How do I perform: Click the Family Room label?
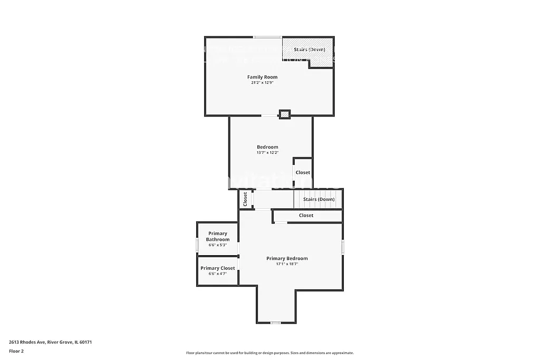click(x=262, y=77)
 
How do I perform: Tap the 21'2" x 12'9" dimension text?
click(x=262, y=83)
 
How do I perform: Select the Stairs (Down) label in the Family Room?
click(x=310, y=50)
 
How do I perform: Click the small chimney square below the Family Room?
click(x=285, y=114)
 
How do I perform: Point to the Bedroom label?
click(x=267, y=147)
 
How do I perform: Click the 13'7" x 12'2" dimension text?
click(x=267, y=153)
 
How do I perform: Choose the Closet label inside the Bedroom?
click(x=303, y=172)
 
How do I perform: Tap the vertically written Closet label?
click(x=245, y=199)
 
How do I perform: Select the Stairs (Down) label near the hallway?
click(x=319, y=199)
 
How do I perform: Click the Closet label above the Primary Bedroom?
click(x=306, y=216)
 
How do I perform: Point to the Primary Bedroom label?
click(x=287, y=258)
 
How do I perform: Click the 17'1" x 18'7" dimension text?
click(x=287, y=264)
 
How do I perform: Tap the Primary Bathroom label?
click(x=218, y=236)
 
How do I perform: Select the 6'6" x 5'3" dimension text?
click(x=218, y=245)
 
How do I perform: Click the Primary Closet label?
click(x=218, y=268)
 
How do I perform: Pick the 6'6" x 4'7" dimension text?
click(x=218, y=274)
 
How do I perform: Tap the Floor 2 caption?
click(x=16, y=351)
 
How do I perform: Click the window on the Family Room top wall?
click(x=267, y=37)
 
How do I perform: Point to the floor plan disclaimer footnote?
click(x=269, y=353)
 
